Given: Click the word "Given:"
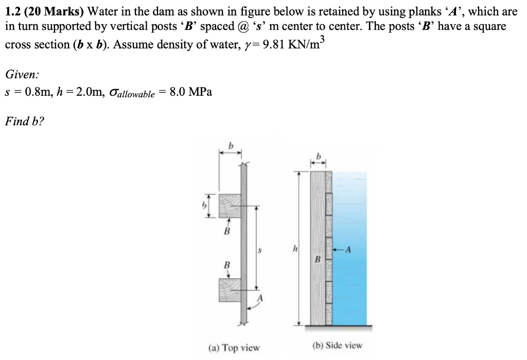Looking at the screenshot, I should [x=21, y=74].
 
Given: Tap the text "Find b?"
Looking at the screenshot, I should [x=24, y=122].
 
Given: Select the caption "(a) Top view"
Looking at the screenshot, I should [x=234, y=348].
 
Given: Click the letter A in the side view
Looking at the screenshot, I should [x=349, y=251].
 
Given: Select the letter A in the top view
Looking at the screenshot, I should [x=260, y=298].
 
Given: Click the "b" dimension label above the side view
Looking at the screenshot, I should [x=319, y=155].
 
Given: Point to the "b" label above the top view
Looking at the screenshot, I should [x=231, y=146].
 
